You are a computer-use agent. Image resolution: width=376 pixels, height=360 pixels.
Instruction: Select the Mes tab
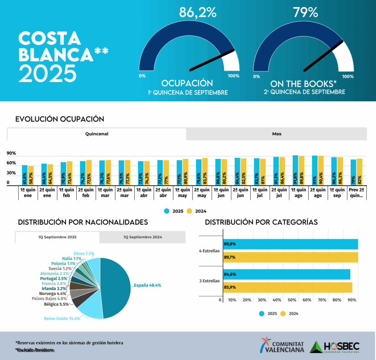tap(276, 134)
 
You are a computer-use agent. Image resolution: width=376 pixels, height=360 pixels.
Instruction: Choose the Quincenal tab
tap(97, 134)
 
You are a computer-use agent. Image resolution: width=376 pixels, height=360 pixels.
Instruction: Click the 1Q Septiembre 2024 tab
tap(142, 237)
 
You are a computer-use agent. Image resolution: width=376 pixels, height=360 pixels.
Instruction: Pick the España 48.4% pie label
tap(147, 285)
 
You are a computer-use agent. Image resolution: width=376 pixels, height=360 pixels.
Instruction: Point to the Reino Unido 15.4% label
tap(62, 318)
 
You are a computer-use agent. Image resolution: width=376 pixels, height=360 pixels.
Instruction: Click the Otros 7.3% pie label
tap(84, 253)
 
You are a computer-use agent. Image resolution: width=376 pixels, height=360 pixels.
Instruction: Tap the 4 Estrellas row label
tap(209, 251)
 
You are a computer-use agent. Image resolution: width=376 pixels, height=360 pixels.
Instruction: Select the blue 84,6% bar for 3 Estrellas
tap(286, 274)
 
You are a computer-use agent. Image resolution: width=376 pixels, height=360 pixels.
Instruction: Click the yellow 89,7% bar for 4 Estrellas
tap(290, 257)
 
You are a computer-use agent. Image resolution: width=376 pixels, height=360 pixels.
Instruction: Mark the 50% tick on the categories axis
tap(292, 300)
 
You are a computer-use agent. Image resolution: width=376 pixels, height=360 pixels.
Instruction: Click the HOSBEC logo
tap(335, 346)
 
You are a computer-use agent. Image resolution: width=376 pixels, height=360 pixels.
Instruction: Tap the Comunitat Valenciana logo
tap(283, 346)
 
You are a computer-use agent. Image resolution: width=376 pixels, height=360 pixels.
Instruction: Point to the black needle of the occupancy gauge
tap(213, 60)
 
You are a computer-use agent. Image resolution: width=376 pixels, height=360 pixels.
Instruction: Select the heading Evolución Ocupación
tap(60, 119)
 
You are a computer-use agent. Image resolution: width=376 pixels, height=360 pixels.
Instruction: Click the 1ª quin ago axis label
tap(298, 193)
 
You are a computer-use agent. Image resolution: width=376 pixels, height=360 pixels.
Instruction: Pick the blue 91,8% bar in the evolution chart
tap(295, 170)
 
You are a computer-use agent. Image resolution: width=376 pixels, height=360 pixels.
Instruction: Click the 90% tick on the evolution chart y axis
tap(11, 153)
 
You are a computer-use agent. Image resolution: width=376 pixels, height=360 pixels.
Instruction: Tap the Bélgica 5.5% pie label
tap(56, 305)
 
